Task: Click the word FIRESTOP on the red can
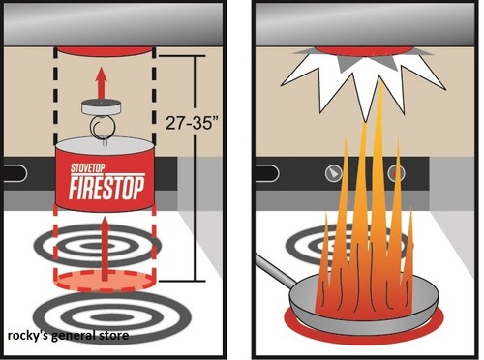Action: pyautogui.click(x=109, y=189)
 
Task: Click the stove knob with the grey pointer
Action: pyautogui.click(x=333, y=173)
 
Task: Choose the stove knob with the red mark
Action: pyautogui.click(x=396, y=173)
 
